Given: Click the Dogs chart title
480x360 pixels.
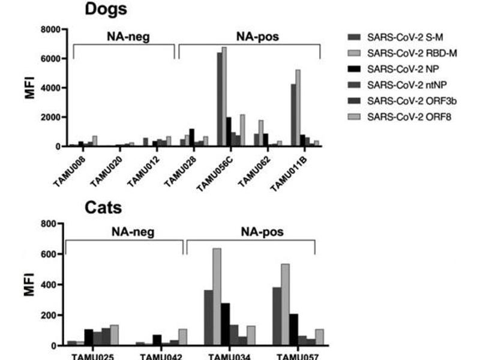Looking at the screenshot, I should pos(106,10).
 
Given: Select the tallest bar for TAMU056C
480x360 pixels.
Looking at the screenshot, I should pos(224,96).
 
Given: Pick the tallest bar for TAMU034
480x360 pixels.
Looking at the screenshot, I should pos(216,297).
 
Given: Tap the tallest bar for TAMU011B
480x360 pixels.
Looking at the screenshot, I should pos(298,108).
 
